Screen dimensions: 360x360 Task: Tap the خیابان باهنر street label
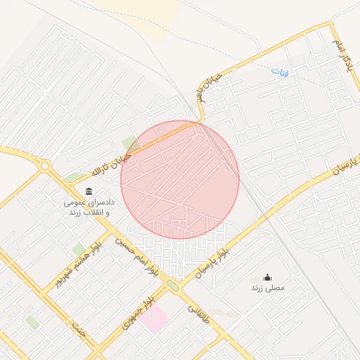coord(210,86)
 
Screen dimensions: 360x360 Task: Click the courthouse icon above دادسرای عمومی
coord(89,191)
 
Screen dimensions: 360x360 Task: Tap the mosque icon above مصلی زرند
coord(267,278)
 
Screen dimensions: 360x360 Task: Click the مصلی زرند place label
coord(266,288)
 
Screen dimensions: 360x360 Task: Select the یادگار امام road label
coord(345,56)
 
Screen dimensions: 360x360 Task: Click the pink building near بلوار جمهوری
coord(154,320)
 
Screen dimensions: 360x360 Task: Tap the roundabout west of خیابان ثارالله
coord(46,167)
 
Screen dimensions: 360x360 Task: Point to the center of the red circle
coord(180,179)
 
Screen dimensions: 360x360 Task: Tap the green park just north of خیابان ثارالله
coord(128,143)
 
